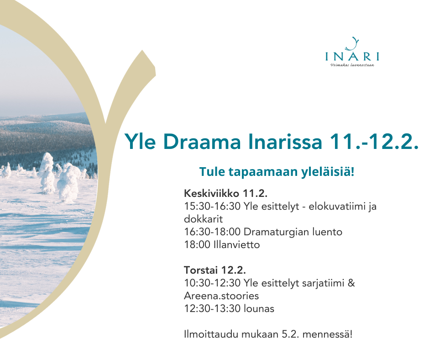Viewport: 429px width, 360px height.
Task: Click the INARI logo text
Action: [x=352, y=56]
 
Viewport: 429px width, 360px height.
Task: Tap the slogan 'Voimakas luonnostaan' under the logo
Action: [x=352, y=65]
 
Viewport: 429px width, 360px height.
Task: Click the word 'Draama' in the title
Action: [x=202, y=141]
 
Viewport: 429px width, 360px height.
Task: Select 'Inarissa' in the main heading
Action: [x=285, y=141]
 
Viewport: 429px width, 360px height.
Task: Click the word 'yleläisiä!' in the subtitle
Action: [x=328, y=172]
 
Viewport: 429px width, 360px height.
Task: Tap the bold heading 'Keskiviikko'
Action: [x=211, y=193]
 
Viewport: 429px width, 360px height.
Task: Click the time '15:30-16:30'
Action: [x=212, y=206]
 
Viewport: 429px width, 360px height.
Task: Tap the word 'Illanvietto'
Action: [x=237, y=245]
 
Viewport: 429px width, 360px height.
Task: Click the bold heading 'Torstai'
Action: [x=201, y=270]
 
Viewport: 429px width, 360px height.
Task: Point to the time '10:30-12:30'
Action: [x=212, y=283]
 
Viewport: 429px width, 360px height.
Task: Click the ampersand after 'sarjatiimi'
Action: [x=351, y=283]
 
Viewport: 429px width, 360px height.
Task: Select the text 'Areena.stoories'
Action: [x=221, y=296]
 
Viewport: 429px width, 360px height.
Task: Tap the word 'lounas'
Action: [x=259, y=309]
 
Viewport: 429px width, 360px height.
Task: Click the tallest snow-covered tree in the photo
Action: [x=47, y=173]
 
